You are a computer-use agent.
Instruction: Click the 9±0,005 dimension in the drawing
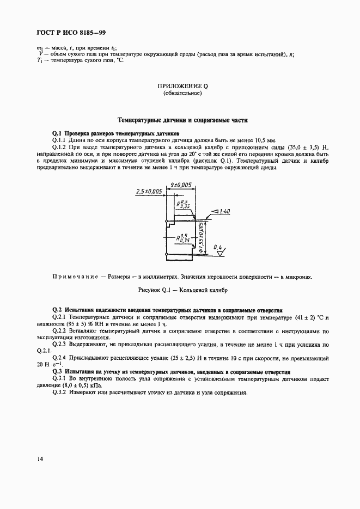tap(180, 185)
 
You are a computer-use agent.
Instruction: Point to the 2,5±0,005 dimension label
tap(148, 191)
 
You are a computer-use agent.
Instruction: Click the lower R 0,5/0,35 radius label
tap(184, 237)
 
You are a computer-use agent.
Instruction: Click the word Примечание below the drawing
tap(77, 277)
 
